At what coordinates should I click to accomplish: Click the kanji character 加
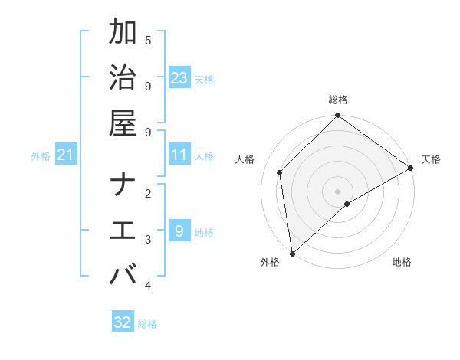point(123,33)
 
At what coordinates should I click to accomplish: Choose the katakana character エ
point(123,231)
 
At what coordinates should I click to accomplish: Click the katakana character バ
point(123,275)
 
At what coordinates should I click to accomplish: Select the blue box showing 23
point(179,78)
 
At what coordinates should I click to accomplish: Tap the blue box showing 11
point(179,155)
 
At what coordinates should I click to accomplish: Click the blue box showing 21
point(66,155)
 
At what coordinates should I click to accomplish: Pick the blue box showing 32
point(123,322)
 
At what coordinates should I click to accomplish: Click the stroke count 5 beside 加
point(148,40)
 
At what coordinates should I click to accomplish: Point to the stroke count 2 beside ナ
point(148,194)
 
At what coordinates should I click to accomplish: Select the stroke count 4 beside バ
point(148,286)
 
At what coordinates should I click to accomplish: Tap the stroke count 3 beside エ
point(148,240)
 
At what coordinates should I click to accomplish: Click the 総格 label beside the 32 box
point(147,324)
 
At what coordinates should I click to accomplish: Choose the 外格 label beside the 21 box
point(41,156)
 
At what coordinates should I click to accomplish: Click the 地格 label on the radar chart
point(402,262)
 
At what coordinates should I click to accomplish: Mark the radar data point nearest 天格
point(410,169)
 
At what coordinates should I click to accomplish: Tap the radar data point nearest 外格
point(292,253)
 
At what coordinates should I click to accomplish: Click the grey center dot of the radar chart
point(337,191)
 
